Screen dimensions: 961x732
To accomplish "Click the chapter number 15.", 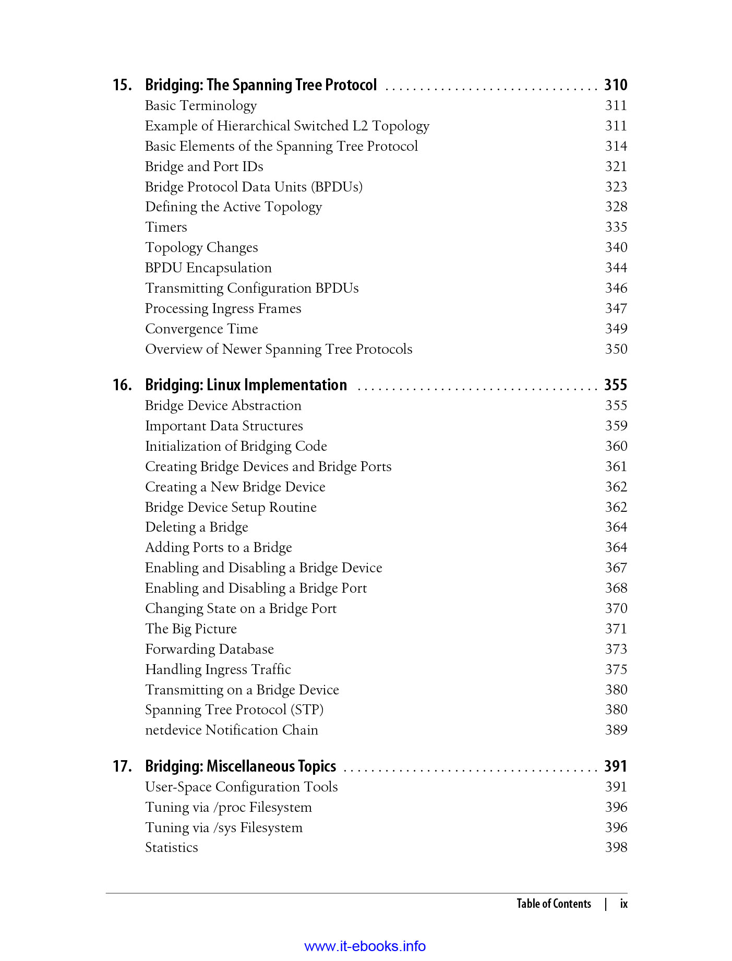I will tap(122, 85).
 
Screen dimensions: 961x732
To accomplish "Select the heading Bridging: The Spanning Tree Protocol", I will tap(260, 85).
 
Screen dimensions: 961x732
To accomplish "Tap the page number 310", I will tap(615, 85).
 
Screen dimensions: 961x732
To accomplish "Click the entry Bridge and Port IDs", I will tap(204, 166).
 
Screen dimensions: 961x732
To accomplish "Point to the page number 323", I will tap(616, 187).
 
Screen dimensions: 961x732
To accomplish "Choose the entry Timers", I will tap(166, 227).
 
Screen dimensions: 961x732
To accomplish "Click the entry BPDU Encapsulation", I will tap(208, 268).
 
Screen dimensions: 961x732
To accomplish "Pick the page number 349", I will tap(616, 329).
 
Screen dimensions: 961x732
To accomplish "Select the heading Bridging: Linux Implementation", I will tap(246, 385).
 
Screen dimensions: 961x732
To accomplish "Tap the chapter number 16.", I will tap(122, 385).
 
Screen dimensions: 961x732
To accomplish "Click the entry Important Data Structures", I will tap(224, 426).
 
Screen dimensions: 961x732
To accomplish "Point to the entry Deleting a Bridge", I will tap(196, 527).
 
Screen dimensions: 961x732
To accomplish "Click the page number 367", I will tap(616, 568).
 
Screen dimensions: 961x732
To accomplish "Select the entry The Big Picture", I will tap(191, 629).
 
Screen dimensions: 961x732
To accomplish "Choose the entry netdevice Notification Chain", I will tap(231, 730).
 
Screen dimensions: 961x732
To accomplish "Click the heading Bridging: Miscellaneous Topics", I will tap(241, 766).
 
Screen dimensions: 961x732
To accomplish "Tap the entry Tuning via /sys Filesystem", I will tap(224, 827).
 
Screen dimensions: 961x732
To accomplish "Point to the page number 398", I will tap(616, 847).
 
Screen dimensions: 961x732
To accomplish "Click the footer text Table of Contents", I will tap(554, 904).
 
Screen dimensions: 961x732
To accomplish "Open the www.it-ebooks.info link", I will tap(365, 946).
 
